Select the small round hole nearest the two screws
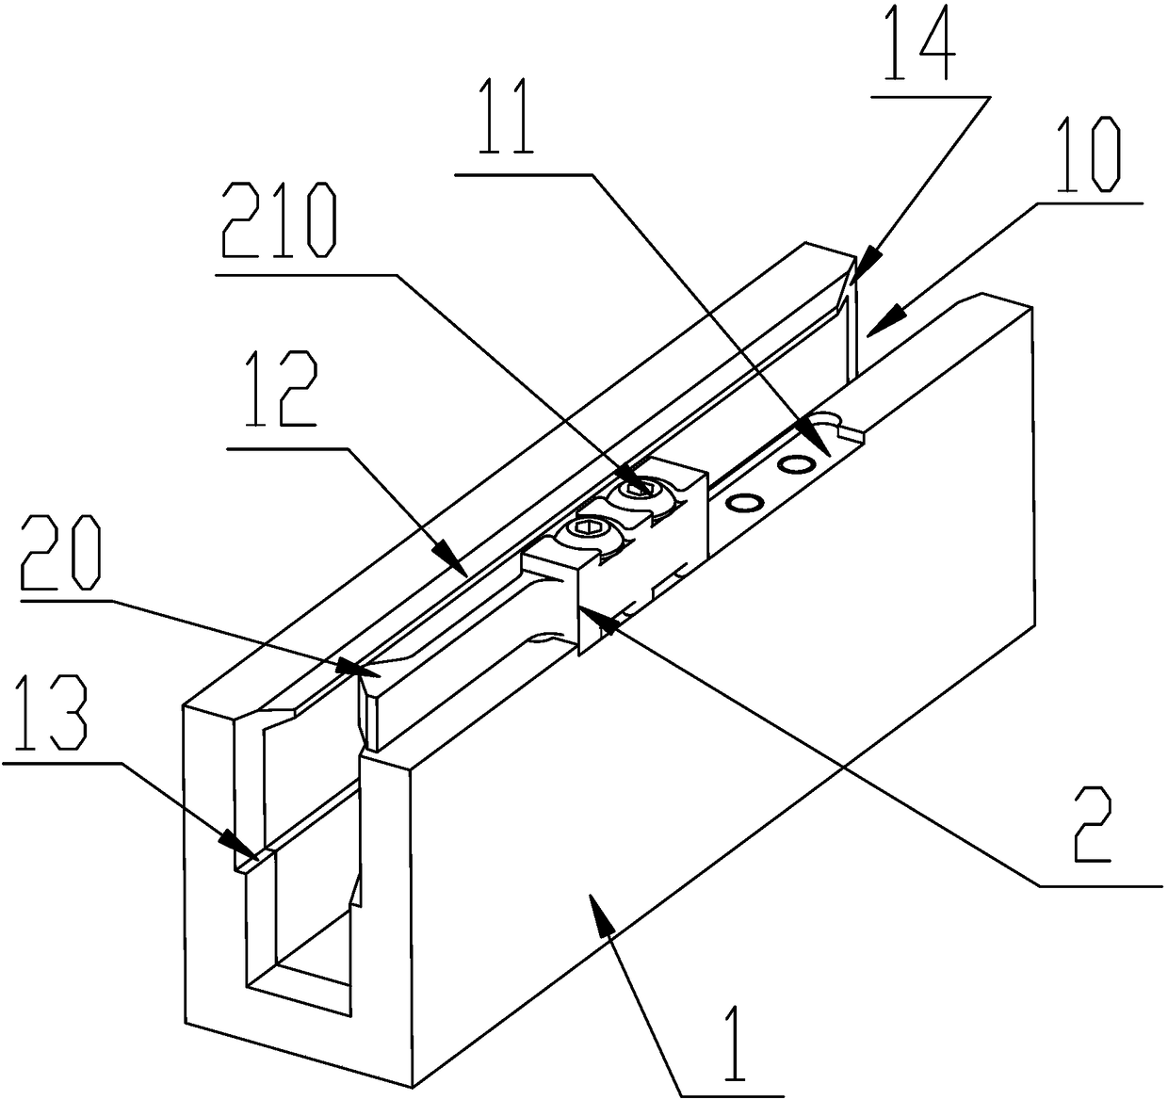(x=744, y=504)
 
